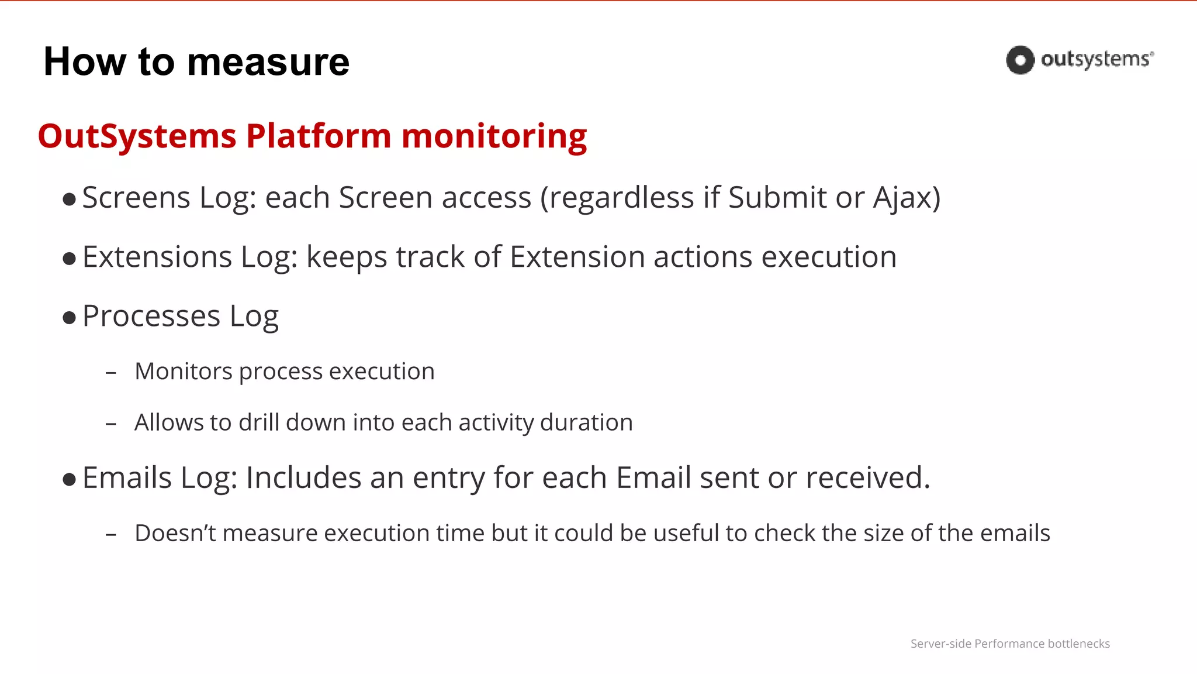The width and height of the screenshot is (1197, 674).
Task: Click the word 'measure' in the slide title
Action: [x=268, y=62]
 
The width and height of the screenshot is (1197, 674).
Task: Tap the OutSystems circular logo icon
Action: [x=1020, y=60]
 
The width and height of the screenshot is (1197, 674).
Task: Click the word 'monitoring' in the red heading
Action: [x=494, y=136]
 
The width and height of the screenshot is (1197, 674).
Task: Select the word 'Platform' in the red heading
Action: [x=319, y=136]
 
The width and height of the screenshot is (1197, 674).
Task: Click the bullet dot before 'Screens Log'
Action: [x=70, y=200]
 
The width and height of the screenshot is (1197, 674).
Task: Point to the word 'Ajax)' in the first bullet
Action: [x=907, y=198]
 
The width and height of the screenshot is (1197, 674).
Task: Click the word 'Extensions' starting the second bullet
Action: [x=157, y=257]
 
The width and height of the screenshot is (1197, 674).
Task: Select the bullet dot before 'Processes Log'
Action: [x=70, y=318]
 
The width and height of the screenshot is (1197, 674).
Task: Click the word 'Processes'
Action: [x=151, y=317]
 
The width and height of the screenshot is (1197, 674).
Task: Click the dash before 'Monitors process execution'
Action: [x=111, y=373]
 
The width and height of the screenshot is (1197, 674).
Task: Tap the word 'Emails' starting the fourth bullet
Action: [x=127, y=478]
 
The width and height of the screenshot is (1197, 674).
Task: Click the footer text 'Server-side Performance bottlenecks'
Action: [x=1010, y=644]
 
